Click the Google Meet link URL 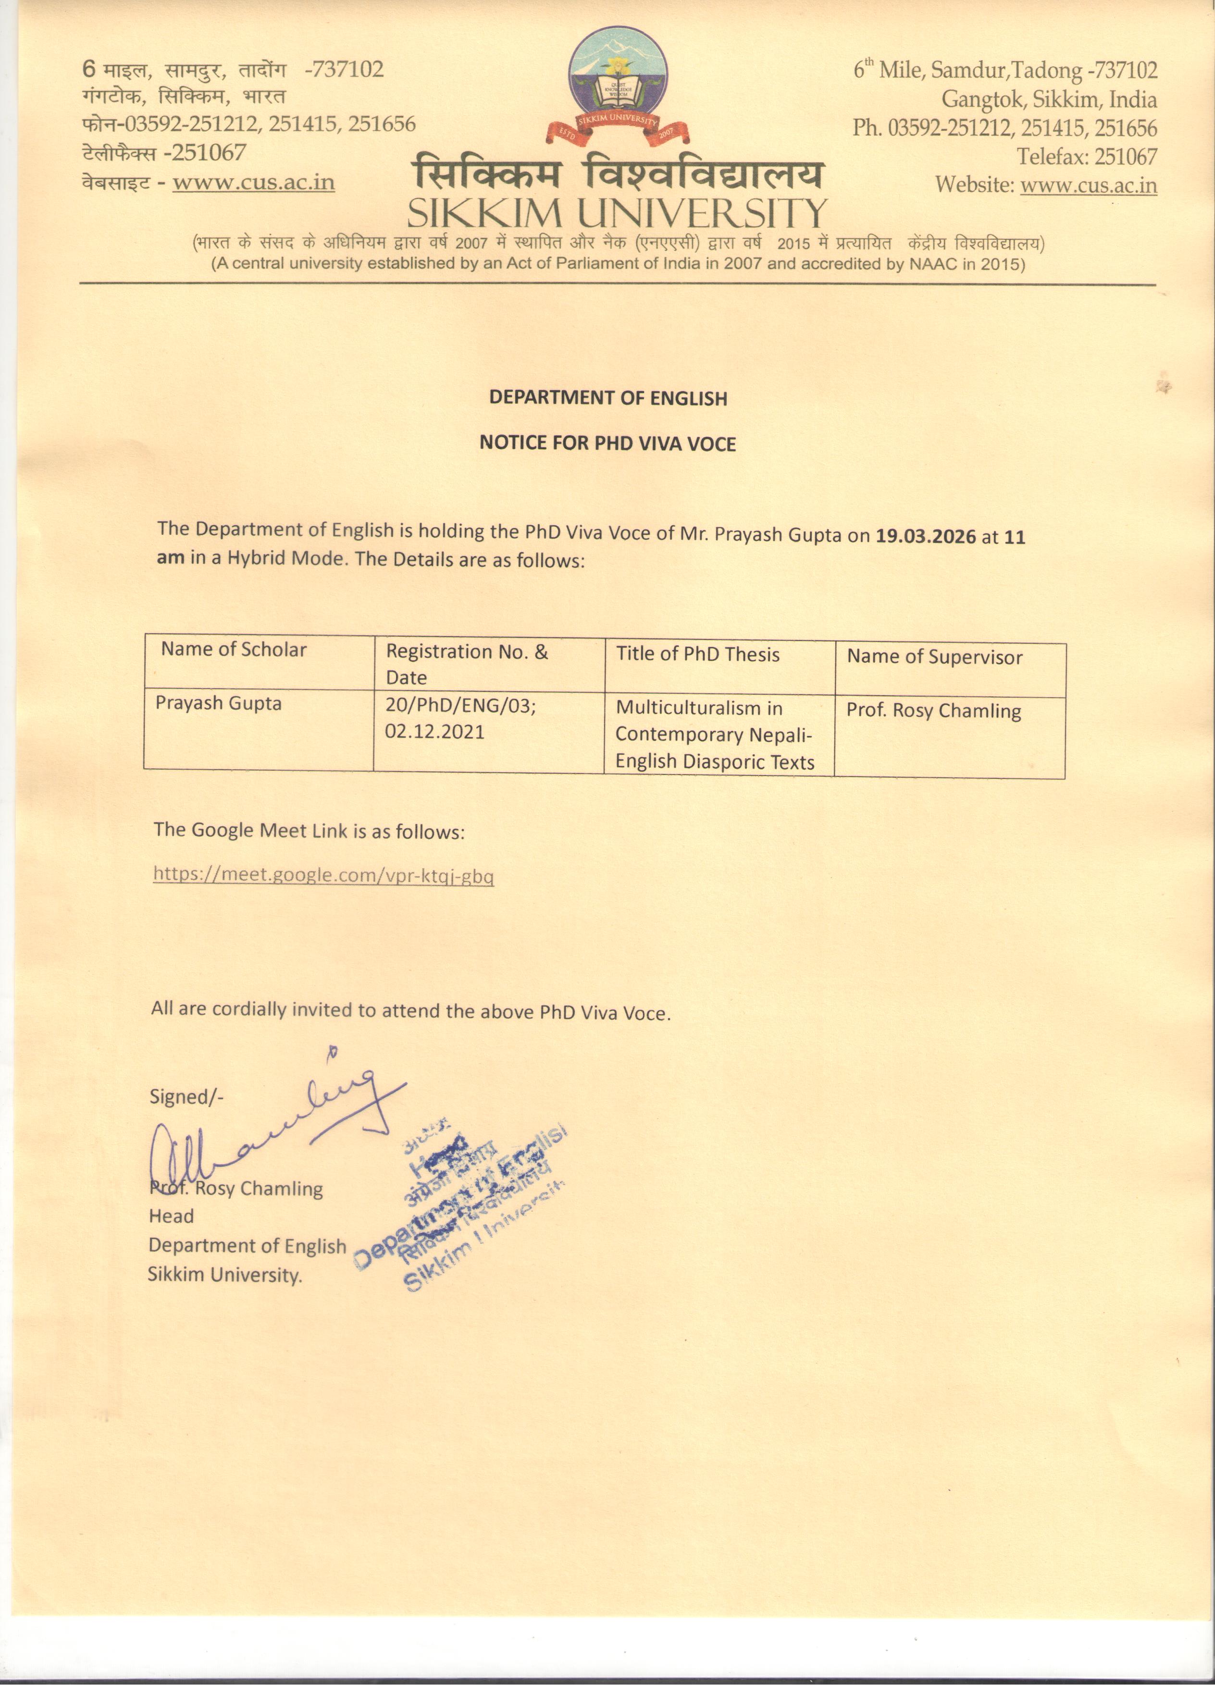point(323,874)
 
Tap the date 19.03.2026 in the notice point(925,536)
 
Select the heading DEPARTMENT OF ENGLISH point(608,398)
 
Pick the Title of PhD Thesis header point(698,654)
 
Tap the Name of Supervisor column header point(934,657)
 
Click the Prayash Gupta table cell point(219,703)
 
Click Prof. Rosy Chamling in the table point(933,711)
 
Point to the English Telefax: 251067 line point(1087,157)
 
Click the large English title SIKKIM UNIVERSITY point(617,214)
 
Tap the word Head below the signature point(171,1216)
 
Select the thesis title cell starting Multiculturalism point(715,735)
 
